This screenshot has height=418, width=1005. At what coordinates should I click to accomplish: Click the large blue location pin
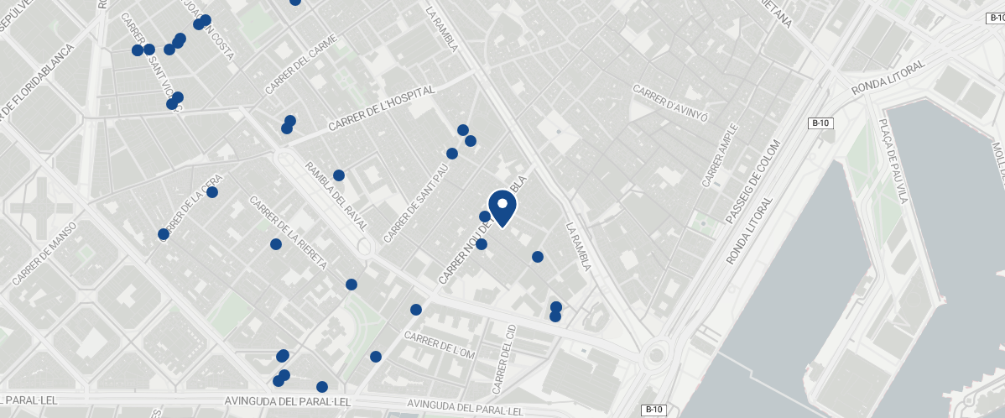tap(502, 206)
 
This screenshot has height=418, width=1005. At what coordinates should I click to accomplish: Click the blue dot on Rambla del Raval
tap(339, 175)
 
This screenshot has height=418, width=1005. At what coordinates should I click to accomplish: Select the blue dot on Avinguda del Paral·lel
tap(322, 387)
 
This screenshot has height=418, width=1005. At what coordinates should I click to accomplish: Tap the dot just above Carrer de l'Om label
tap(415, 310)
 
